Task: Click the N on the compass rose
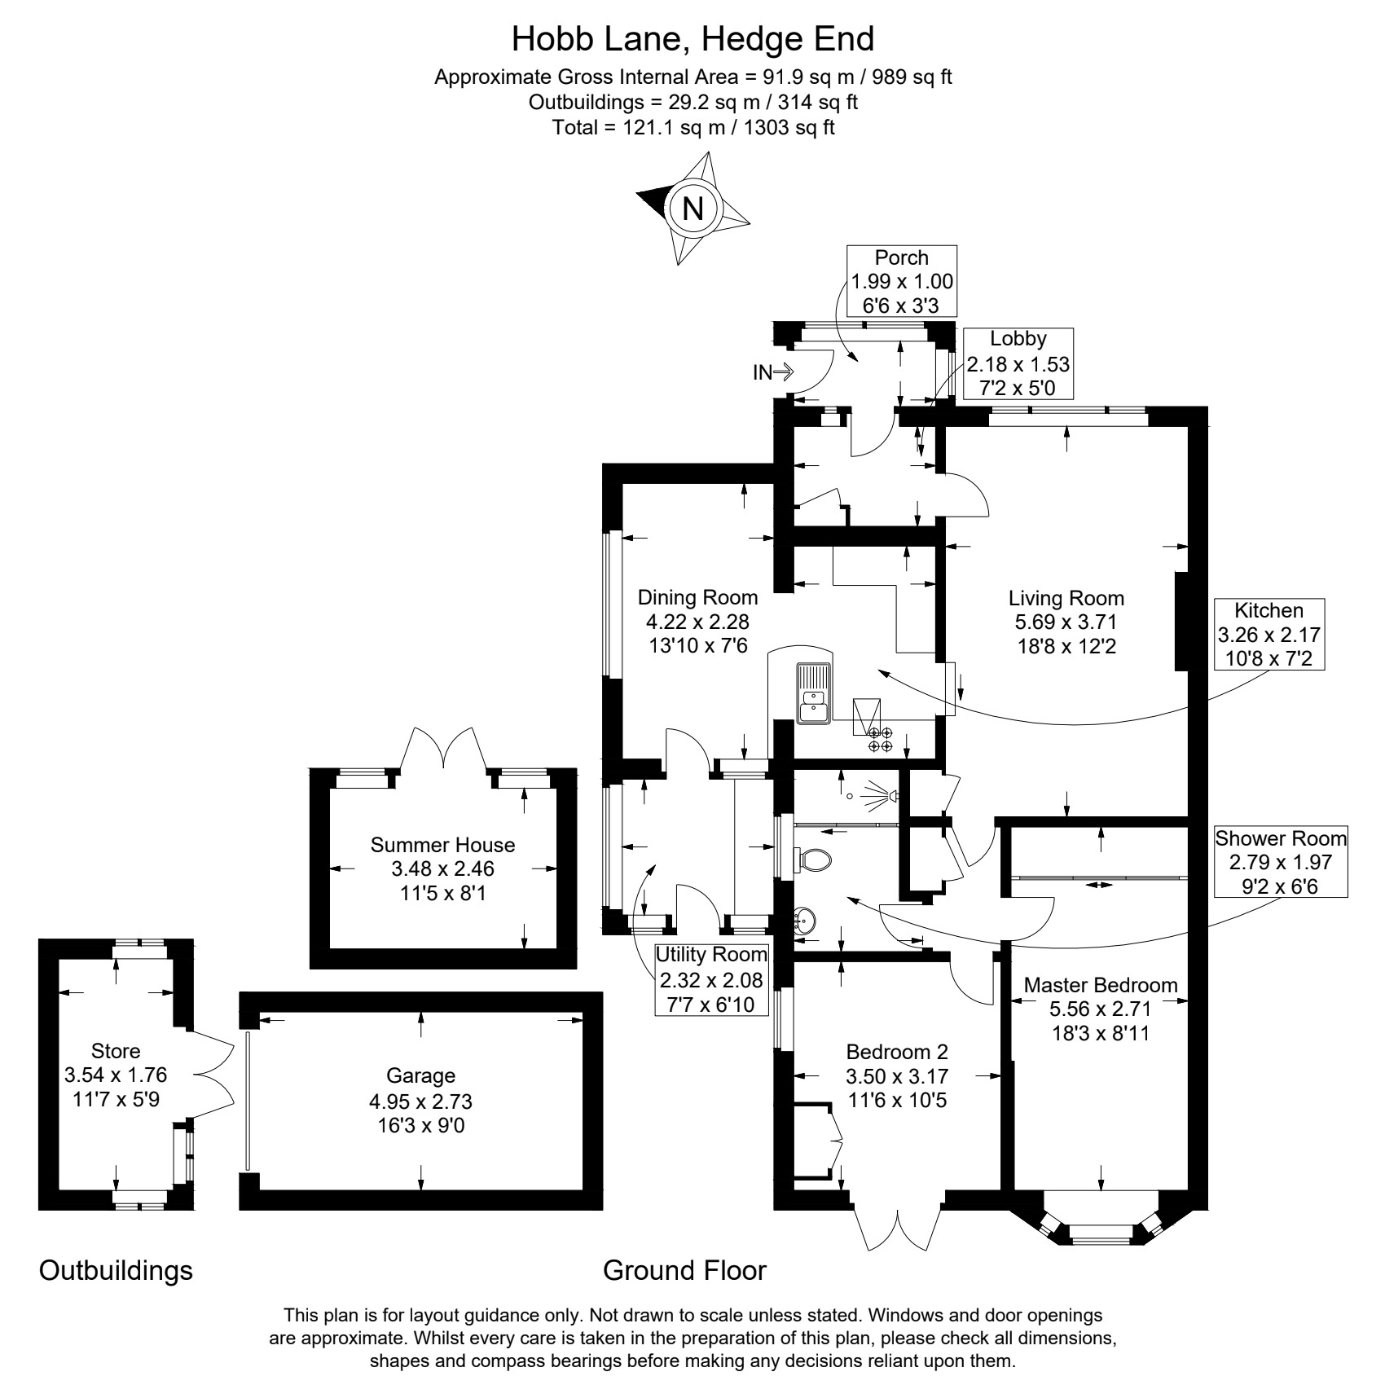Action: point(692,209)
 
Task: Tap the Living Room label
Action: point(1066,622)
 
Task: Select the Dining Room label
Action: point(697,622)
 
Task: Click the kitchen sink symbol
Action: point(814,693)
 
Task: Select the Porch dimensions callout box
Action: point(902,281)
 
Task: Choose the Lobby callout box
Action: point(1018,363)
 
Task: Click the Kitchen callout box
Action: point(1268,634)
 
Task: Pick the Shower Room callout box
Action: point(1281,861)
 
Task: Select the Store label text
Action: point(116,1051)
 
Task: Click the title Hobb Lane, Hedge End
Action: point(692,38)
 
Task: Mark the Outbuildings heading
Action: point(116,1270)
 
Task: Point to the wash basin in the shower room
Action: point(805,922)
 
